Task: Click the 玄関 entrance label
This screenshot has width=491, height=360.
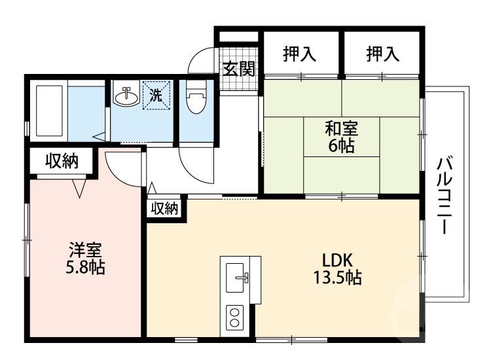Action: [238, 68]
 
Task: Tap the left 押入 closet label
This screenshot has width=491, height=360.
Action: [300, 54]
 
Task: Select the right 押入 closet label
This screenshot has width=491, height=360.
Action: [382, 54]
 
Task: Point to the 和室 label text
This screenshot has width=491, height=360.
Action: [341, 130]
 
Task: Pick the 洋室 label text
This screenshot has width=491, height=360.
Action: [85, 251]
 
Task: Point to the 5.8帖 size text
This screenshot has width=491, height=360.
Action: [85, 267]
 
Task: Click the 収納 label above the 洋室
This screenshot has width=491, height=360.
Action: [62, 162]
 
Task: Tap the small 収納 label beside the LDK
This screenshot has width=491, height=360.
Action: [165, 208]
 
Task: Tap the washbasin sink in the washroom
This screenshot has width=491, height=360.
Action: [126, 97]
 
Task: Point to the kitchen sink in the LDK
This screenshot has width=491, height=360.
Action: [236, 278]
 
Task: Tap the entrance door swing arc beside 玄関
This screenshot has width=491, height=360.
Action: [200, 63]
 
